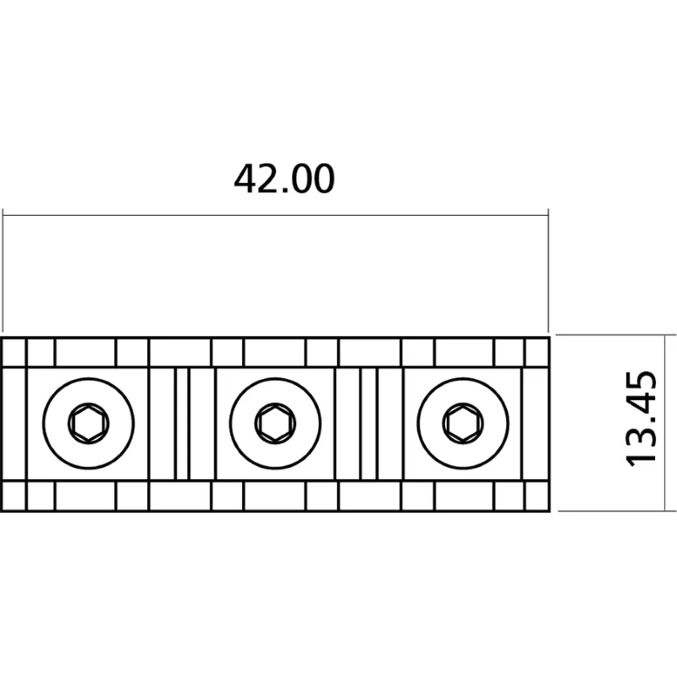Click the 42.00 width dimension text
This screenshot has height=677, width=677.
(x=284, y=179)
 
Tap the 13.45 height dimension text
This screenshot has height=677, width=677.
(x=641, y=419)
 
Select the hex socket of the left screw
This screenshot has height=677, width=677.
(x=89, y=424)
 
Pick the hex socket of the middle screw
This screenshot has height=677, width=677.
(x=276, y=424)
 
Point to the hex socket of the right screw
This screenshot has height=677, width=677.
(x=463, y=424)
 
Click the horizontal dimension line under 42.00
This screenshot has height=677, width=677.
(x=276, y=215)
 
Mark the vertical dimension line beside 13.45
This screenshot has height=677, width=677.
(x=663, y=423)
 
